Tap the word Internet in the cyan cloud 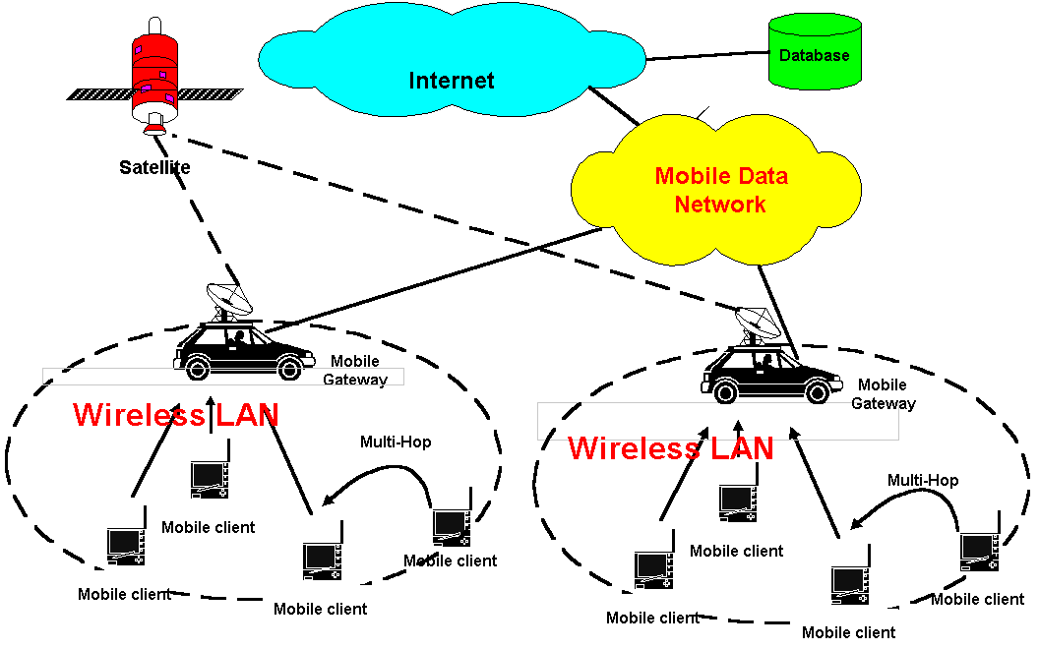pos(452,80)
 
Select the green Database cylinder pos(815,52)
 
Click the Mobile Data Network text pos(721,190)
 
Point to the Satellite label pos(154,167)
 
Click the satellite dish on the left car pos(229,300)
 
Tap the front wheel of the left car pos(289,368)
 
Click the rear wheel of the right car pos(725,392)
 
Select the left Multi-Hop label pos(396,442)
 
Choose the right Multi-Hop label pos(923,480)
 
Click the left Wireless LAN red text pos(175,415)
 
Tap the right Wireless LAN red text pos(671,448)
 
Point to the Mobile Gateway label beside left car pos(355,370)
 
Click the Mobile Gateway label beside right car pos(884,394)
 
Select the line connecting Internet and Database pos(707,56)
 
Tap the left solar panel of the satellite pos(99,94)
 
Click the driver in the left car pos(238,339)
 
